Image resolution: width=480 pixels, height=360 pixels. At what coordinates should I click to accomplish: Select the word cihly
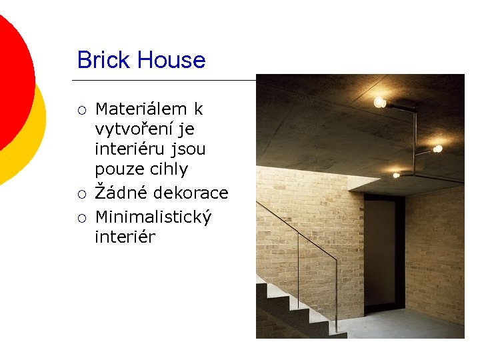(166, 169)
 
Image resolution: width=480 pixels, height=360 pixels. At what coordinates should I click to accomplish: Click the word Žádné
(121, 193)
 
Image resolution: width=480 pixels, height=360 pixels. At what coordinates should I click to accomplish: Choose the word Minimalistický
(153, 217)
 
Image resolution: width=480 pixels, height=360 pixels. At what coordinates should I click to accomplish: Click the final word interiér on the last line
(125, 237)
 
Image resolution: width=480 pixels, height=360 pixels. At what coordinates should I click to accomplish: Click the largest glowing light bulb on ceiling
(379, 102)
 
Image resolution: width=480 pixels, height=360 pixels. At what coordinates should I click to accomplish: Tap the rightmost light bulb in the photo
(438, 148)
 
